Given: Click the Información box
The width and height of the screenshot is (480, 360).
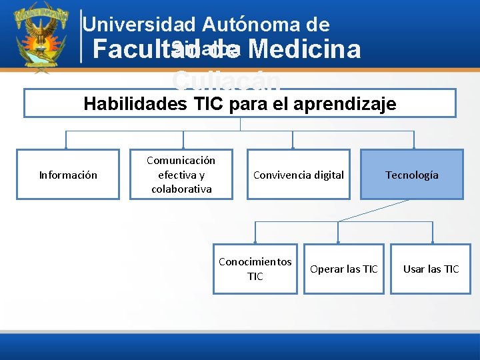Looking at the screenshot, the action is [x=68, y=175].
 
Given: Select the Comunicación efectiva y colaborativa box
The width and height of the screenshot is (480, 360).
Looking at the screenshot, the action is [x=181, y=175].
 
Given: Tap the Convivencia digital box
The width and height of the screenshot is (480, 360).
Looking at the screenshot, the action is [x=299, y=175].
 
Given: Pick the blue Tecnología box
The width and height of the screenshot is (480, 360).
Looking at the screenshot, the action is [x=412, y=175].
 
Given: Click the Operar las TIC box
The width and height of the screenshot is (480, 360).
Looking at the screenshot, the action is [x=344, y=269].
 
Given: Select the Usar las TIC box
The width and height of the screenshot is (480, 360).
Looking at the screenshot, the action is [x=431, y=269].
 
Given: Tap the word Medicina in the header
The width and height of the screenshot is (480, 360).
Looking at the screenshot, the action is [x=307, y=49].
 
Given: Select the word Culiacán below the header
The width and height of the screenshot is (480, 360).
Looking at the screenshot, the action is [x=227, y=80].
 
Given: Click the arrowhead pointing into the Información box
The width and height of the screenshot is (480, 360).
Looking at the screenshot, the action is [x=65, y=147].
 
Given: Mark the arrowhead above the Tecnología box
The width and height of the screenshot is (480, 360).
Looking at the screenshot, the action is [x=414, y=147].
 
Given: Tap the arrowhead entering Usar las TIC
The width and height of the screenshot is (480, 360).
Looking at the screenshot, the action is [x=433, y=241].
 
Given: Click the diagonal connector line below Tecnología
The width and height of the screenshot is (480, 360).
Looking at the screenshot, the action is [x=373, y=210].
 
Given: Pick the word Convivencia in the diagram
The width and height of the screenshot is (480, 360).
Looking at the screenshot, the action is [x=279, y=175].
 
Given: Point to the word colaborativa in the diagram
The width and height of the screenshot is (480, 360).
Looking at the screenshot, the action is [x=181, y=189].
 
